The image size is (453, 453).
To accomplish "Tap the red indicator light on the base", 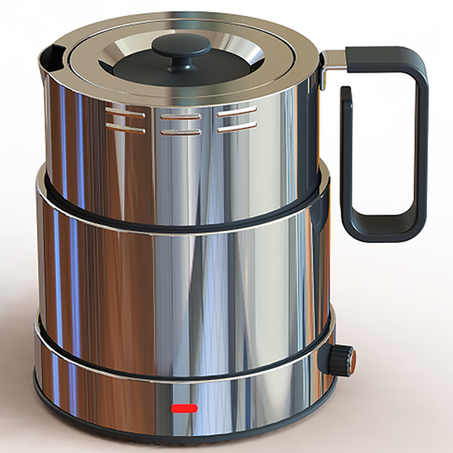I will [183, 407].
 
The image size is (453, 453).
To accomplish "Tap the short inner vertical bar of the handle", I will [347, 156].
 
